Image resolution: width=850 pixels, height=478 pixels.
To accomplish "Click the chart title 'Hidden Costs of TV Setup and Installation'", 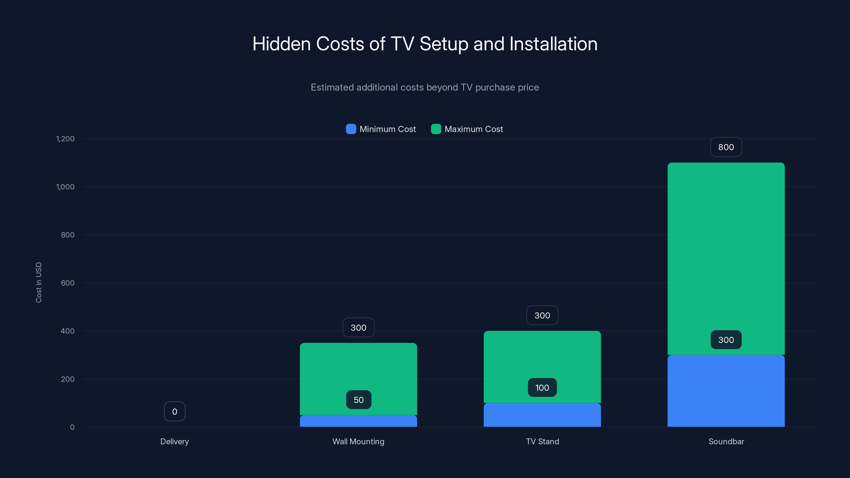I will click(x=425, y=44).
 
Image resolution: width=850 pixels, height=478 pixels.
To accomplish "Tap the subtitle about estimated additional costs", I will click(x=425, y=87).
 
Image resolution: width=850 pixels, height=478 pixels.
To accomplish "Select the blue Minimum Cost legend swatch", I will click(x=351, y=129).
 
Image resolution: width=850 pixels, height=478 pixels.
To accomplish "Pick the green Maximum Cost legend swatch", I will click(x=436, y=129).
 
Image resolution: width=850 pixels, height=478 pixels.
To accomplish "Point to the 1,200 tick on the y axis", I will click(x=65, y=139).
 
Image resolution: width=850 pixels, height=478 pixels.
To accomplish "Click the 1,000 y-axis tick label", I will click(x=65, y=187).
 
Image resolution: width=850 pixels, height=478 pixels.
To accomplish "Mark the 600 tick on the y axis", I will click(x=68, y=283).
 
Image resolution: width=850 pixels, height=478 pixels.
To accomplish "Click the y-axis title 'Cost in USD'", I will click(x=39, y=282).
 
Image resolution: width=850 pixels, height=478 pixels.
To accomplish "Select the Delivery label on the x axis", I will click(x=175, y=441).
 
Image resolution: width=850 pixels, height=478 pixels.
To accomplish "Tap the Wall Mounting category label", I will click(x=358, y=441).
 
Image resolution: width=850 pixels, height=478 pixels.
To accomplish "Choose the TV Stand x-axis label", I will click(x=542, y=441).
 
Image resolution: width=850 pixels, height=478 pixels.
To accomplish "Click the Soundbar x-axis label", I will click(x=726, y=441).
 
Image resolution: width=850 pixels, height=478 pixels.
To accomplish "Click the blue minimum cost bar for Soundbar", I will click(x=726, y=391).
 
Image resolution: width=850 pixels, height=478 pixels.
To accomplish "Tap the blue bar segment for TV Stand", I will click(x=542, y=415).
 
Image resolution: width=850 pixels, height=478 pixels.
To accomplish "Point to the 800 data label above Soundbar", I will click(x=726, y=147).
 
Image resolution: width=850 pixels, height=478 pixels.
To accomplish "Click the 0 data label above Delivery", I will click(x=175, y=412).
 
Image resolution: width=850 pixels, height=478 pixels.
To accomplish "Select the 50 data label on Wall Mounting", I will click(x=359, y=400).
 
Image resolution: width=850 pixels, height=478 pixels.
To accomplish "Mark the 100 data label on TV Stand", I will click(x=542, y=388).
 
